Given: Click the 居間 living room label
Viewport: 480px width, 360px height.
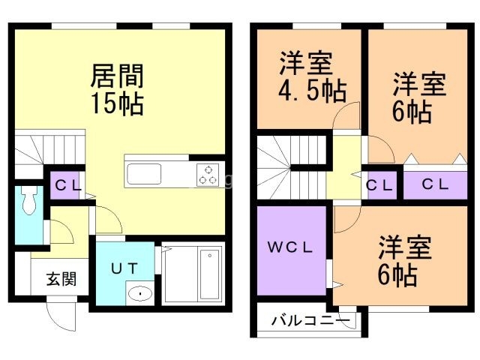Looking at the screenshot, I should [x=117, y=76].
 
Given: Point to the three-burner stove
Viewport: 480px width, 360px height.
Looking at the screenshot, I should [x=208, y=174].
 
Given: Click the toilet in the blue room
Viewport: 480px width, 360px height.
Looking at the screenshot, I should [x=29, y=202].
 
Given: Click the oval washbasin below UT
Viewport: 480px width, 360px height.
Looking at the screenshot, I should [x=139, y=293].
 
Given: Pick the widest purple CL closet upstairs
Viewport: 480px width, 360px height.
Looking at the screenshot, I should [x=436, y=184].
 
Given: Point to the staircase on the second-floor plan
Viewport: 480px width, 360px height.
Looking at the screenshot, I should [x=289, y=169].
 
